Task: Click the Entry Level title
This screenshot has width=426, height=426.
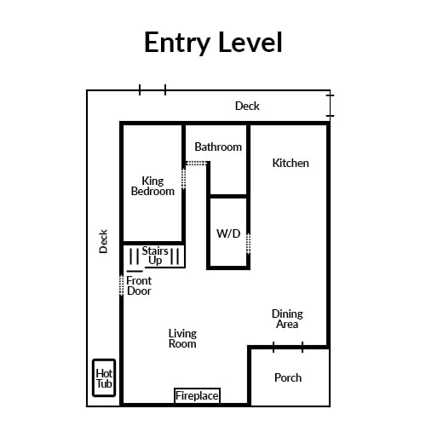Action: tap(213, 43)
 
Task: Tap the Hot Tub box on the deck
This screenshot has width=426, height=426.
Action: tap(104, 377)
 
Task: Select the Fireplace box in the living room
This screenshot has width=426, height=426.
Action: tap(197, 395)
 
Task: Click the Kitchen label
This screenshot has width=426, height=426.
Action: tap(291, 163)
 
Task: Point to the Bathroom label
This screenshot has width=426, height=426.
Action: tap(218, 147)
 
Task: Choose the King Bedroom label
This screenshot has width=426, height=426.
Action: tap(153, 186)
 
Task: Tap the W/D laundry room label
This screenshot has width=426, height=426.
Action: tap(228, 233)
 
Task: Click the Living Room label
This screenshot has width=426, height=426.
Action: tap(182, 338)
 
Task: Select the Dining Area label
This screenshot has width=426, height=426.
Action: tap(287, 319)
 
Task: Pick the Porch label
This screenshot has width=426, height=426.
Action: tap(288, 377)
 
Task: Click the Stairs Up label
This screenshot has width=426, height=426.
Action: tap(155, 256)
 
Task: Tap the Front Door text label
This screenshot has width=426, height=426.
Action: tap(139, 285)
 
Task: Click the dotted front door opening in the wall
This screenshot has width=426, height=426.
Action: tap(121, 285)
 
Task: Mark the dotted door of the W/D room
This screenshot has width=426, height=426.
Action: tap(248, 244)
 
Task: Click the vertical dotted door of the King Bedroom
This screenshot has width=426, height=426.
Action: tap(184, 179)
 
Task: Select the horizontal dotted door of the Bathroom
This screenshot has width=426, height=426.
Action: tap(196, 164)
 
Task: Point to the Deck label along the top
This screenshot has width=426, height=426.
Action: tap(247, 106)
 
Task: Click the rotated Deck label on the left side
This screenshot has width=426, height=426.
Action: tap(103, 241)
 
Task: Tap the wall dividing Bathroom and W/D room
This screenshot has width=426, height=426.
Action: tap(228, 196)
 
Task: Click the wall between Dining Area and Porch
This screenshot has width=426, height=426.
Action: tap(288, 347)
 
